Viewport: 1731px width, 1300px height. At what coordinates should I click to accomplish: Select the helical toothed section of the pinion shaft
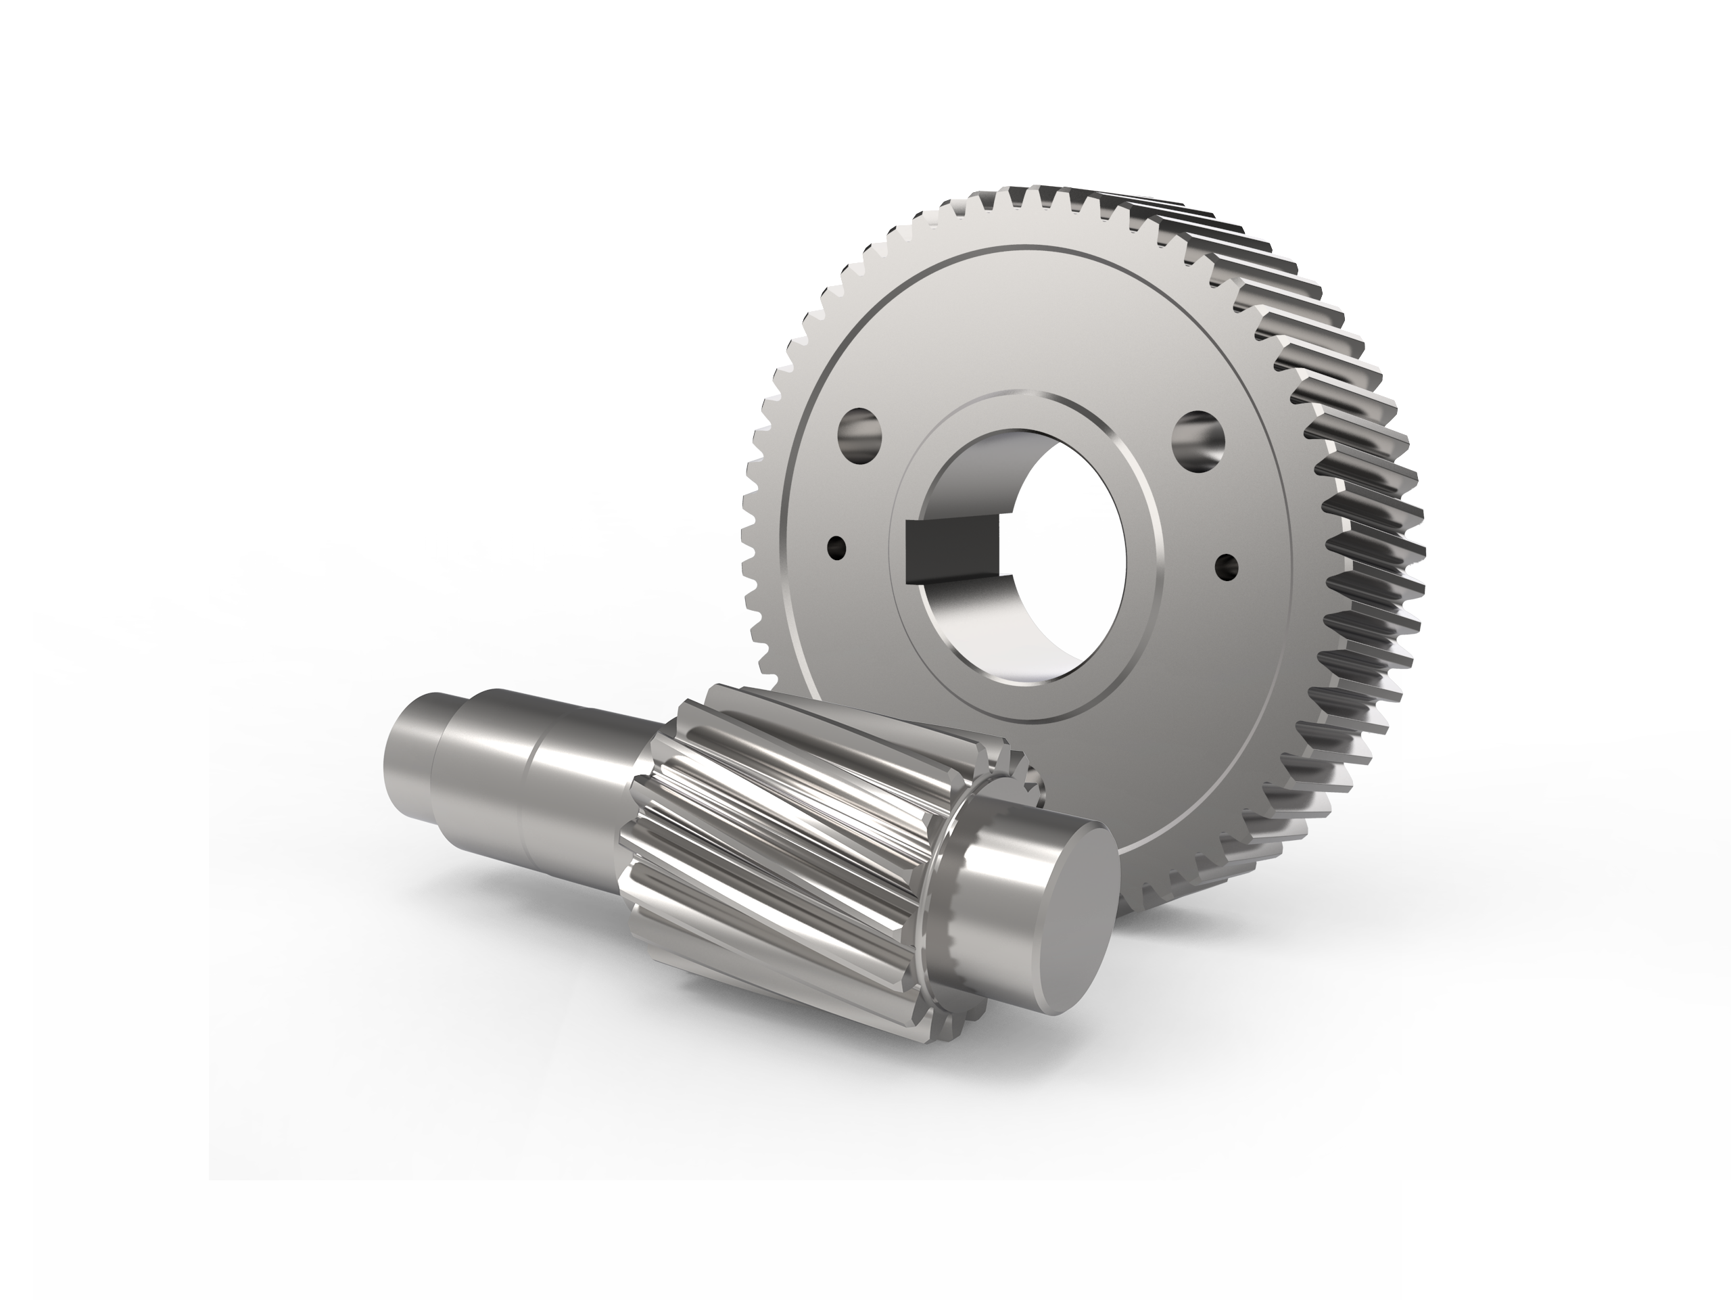point(790,845)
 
